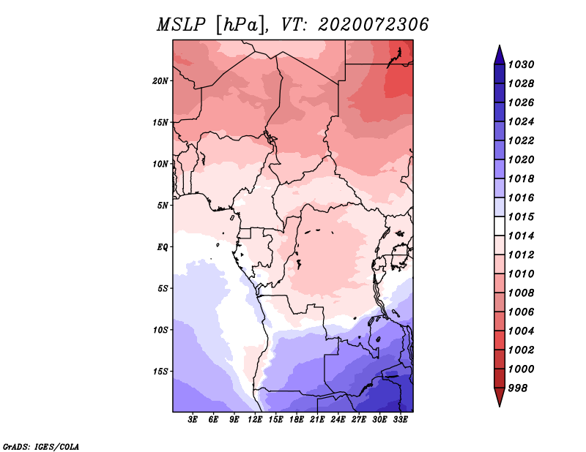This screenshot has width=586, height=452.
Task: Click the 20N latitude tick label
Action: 160,81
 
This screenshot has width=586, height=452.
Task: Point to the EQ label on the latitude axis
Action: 163,247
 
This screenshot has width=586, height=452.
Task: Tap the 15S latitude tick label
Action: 160,372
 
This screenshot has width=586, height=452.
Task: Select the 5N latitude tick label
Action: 163,206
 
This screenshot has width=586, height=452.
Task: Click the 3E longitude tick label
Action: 193,420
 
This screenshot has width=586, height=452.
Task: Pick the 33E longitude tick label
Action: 400,420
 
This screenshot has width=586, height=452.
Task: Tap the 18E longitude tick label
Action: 297,420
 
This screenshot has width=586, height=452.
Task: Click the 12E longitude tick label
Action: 255,420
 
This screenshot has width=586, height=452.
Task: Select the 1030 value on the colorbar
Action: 522,64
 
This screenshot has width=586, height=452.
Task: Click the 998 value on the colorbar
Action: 518,388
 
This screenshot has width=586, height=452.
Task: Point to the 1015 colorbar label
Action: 522,216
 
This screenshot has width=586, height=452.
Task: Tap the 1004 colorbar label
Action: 522,331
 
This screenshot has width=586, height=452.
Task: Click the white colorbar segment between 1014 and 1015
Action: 500,226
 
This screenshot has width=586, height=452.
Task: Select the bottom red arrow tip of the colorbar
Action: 500,406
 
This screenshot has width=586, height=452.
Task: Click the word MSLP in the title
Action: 181,25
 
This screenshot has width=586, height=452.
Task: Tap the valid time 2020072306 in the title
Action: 373,25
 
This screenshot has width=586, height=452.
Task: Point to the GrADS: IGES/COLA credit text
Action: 41,447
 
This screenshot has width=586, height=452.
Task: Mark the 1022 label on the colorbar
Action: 522,140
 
